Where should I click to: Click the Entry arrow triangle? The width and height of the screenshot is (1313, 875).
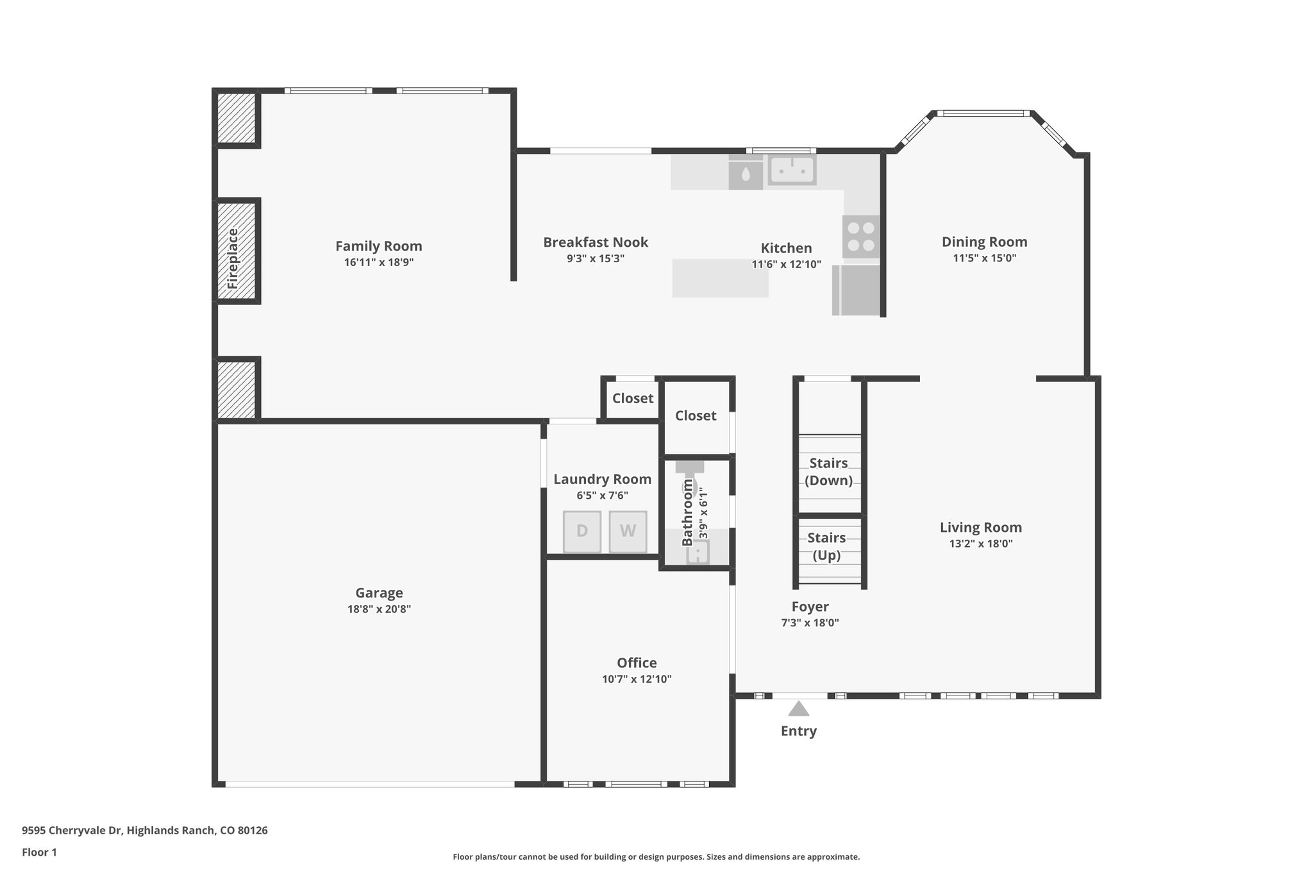pos(798,708)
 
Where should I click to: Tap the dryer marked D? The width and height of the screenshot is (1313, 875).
pos(582,531)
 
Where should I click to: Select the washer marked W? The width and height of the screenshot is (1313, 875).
pos(628,531)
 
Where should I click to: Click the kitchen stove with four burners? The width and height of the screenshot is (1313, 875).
pos(861,237)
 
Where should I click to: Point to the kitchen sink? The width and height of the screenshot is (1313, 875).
pos(792,170)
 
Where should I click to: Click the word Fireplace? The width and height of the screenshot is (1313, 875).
pos(233,258)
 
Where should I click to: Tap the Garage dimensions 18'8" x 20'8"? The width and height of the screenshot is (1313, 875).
pos(379,609)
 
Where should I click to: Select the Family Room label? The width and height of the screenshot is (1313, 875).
pos(379,246)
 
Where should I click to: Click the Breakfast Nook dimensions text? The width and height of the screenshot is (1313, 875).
pos(596,258)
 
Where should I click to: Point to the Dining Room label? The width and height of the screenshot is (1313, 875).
pos(984,242)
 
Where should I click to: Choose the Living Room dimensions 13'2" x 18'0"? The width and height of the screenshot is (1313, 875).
pos(981,544)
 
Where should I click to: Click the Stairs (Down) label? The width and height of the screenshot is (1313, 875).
pos(828,472)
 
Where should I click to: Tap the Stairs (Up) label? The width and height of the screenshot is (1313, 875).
pos(826,546)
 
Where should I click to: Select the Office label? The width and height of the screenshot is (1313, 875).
pos(637,663)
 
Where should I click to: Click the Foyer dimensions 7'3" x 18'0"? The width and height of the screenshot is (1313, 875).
pos(810,622)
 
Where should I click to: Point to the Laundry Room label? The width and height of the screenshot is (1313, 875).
pos(602,479)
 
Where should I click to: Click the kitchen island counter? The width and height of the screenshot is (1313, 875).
pos(720,278)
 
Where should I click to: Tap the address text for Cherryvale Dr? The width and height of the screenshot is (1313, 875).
pos(145,831)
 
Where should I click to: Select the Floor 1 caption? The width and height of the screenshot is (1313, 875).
pos(39,853)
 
